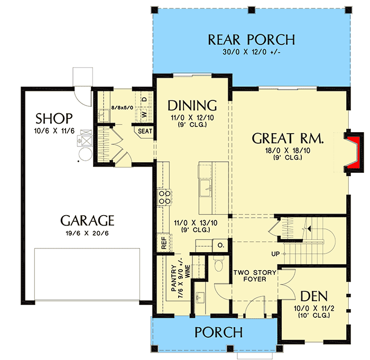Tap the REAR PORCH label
(x=251, y=40)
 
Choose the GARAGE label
(x=87, y=220)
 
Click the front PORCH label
(x=218, y=333)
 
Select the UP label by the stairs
(x=275, y=254)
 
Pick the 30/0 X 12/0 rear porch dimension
(x=251, y=52)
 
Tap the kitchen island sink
(x=205, y=186)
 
